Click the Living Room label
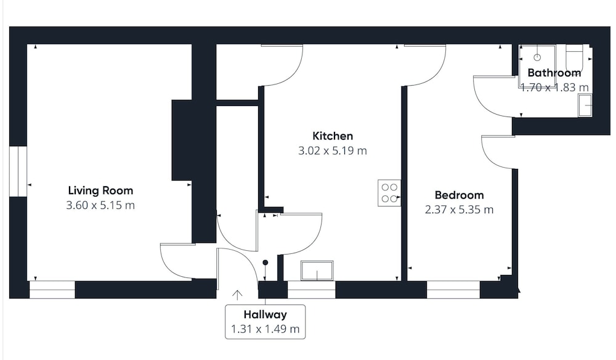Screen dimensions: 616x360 coord(100,190)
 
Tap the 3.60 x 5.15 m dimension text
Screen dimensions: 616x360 coord(100,205)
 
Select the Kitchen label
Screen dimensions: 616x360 coord(333,136)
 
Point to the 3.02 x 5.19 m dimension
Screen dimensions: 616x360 coord(333,150)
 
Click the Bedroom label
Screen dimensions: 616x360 coord(460,195)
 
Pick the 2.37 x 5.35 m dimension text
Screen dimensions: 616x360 coord(460,210)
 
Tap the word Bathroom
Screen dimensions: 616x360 coord(554,73)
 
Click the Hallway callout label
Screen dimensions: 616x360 coord(265,314)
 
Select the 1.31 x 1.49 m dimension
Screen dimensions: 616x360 coord(265,329)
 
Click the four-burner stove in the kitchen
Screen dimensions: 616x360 coord(389,193)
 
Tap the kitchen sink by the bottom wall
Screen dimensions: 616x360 coord(317,271)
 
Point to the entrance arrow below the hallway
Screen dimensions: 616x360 coord(237,295)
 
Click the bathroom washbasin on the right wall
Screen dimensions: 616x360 coord(585,105)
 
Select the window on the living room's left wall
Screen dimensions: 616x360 coord(18,171)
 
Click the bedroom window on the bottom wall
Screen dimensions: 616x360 coord(453,290)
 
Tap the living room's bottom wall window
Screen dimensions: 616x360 coord(52,290)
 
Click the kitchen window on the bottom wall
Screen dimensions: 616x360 coord(312,290)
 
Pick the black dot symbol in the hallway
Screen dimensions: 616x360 coord(265,263)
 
